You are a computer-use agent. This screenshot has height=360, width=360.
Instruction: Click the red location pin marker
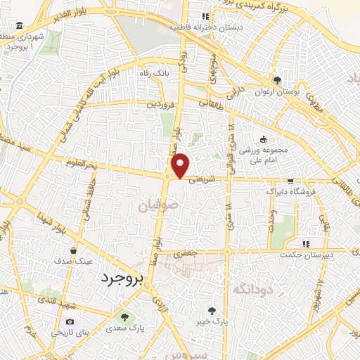(x=181, y=165)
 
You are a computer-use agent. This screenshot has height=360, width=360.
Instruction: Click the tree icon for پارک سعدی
(x=126, y=316)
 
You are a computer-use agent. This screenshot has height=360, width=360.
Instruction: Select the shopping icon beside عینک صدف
(x=74, y=250)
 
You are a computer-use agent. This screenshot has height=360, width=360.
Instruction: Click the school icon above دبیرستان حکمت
(x=304, y=244)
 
